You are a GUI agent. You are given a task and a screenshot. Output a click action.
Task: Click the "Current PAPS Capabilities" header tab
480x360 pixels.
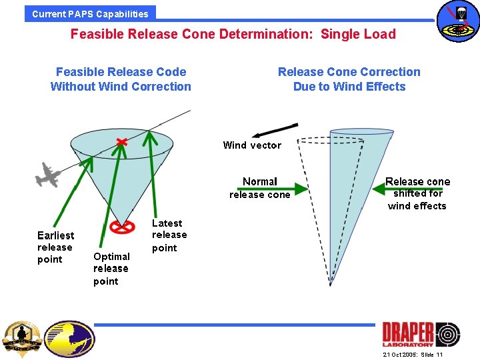[x=90, y=13]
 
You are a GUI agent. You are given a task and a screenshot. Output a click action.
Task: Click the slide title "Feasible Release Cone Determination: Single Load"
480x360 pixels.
[x=233, y=34]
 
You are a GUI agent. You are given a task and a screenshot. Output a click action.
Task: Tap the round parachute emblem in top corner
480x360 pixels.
[x=457, y=21]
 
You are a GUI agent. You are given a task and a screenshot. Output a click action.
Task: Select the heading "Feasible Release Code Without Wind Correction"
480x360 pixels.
[x=121, y=79]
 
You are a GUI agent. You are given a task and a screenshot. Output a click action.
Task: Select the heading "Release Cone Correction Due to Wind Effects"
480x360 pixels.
[x=349, y=79]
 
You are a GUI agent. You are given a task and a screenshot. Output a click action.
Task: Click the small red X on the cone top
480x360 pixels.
[x=121, y=141]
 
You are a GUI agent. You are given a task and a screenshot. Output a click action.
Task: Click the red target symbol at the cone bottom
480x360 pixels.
[x=121, y=228]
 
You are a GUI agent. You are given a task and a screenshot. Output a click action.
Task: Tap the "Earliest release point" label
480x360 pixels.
[x=55, y=247]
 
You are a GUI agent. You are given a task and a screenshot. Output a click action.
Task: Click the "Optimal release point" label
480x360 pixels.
[x=111, y=269]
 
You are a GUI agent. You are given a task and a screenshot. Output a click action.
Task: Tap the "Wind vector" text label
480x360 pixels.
[x=252, y=145]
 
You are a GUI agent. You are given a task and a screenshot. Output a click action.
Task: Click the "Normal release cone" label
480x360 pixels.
[x=260, y=188]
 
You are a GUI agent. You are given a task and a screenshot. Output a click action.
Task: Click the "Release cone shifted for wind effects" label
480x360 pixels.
[x=417, y=193]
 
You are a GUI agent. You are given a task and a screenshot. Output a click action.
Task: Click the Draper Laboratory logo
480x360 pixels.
[x=421, y=334]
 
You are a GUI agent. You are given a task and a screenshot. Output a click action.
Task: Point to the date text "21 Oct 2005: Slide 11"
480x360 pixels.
[x=413, y=355]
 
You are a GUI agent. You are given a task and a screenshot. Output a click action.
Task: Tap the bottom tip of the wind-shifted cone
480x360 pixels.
[x=330, y=285]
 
